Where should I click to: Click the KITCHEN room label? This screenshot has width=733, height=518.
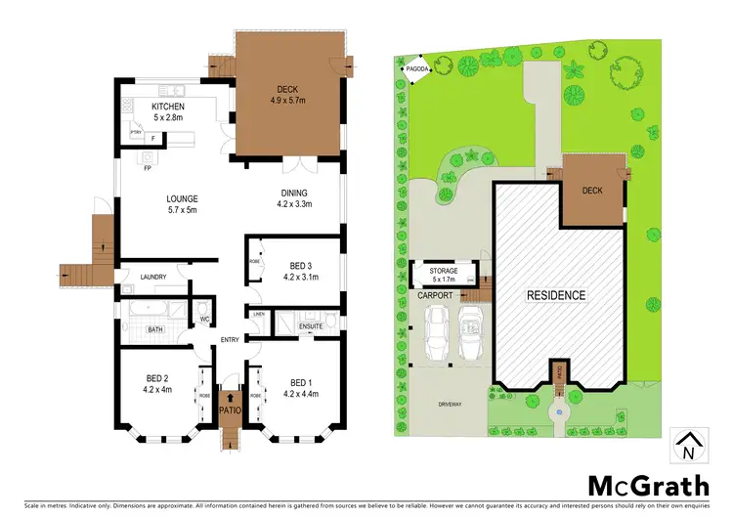coord(167,107)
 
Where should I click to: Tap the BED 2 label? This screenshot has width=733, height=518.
coord(159,377)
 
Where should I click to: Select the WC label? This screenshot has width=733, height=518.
coord(205,319)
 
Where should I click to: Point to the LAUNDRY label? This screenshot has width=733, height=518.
coord(153,277)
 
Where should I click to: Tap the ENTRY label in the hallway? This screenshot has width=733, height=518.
coord(230,339)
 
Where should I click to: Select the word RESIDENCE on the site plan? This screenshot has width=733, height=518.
coord(556,294)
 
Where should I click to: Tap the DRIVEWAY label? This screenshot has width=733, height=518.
coord(451,400)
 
